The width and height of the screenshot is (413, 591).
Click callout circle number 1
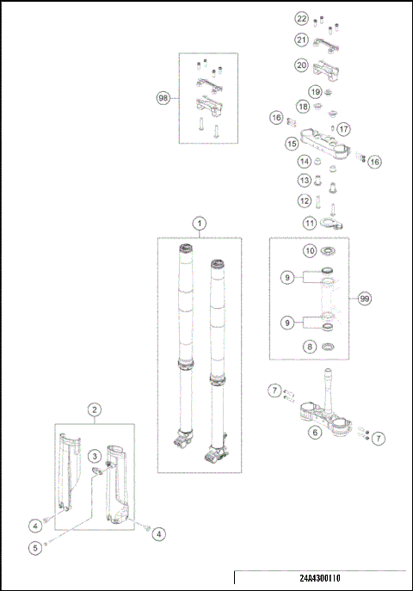pos(199,223)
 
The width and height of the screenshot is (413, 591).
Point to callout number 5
pos(34,547)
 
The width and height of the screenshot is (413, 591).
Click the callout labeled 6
pos(314,433)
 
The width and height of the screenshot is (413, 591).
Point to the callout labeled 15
pos(292,144)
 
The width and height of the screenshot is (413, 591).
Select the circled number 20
pos(301,65)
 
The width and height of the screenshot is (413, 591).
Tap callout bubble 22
pos(301,18)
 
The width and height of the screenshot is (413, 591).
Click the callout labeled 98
pos(163,98)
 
